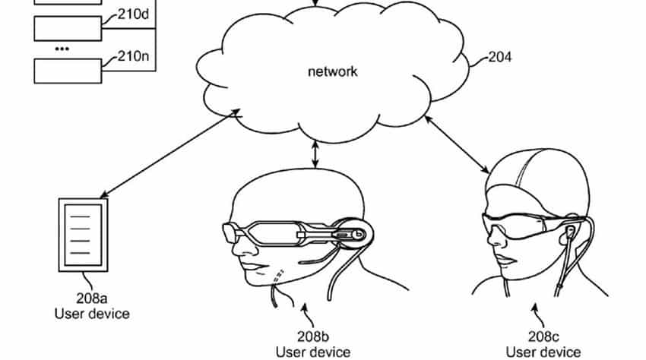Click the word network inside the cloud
point(332,71)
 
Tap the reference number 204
point(500,57)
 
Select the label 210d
point(133,14)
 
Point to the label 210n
point(133,55)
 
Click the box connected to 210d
point(68,28)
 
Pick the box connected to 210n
point(68,71)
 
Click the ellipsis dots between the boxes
point(62,49)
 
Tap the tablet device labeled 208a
point(84,235)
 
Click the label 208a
point(92,298)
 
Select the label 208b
point(313,336)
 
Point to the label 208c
point(543,336)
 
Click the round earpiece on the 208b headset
point(353,234)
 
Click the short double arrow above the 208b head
point(315,154)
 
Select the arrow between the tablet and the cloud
point(170,153)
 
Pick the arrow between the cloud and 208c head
point(457,144)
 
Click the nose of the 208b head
point(236,248)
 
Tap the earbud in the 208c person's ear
point(570,232)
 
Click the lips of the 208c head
point(505,261)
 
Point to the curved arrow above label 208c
point(537,315)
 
